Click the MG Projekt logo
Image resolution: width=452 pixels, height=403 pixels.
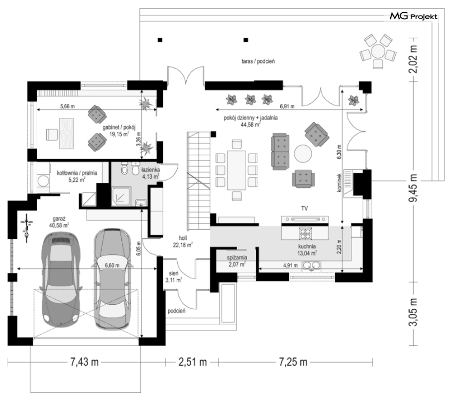click(x=414, y=16)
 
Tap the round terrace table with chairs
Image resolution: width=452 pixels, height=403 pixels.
click(x=378, y=51)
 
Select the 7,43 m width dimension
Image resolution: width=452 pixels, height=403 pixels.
click(x=84, y=362)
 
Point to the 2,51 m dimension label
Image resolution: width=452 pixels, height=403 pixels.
click(x=193, y=362)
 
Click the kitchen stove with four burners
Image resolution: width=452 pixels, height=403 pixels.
click(x=306, y=233)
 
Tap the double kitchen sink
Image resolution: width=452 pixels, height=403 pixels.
click(x=311, y=266)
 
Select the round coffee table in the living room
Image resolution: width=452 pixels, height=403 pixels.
click(x=303, y=154)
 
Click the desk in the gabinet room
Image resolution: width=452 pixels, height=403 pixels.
click(x=66, y=133)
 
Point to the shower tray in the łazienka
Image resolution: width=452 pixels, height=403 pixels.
click(x=121, y=197)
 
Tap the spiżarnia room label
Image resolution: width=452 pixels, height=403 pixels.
click(x=237, y=257)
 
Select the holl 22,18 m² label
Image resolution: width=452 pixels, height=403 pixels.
click(x=183, y=242)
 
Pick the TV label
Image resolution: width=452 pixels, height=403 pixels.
click(x=304, y=208)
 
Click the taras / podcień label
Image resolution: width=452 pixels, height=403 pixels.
click(x=258, y=61)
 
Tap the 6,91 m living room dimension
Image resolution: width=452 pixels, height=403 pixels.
click(x=287, y=106)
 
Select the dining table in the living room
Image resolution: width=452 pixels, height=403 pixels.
click(x=236, y=170)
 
